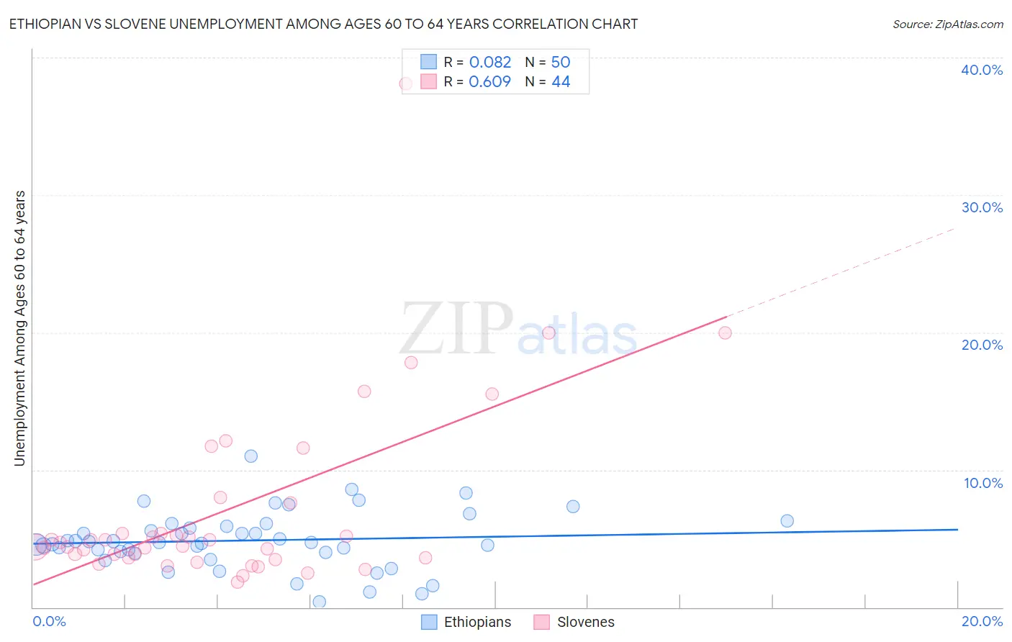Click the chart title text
(323, 24)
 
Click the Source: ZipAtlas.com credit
(947, 24)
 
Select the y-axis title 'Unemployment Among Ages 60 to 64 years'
(19, 328)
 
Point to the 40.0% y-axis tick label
(982, 70)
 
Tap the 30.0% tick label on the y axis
(982, 207)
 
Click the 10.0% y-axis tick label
(983, 483)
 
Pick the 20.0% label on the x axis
(982, 621)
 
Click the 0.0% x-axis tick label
(49, 621)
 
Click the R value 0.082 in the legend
(489, 62)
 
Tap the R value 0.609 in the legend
(489, 81)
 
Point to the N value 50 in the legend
(561, 62)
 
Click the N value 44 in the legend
(561, 81)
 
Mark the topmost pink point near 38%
(406, 83)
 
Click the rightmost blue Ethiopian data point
(787, 521)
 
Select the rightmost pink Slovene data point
(725, 333)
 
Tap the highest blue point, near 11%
(250, 456)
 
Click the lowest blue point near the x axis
(319, 602)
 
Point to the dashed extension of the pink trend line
(842, 272)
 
